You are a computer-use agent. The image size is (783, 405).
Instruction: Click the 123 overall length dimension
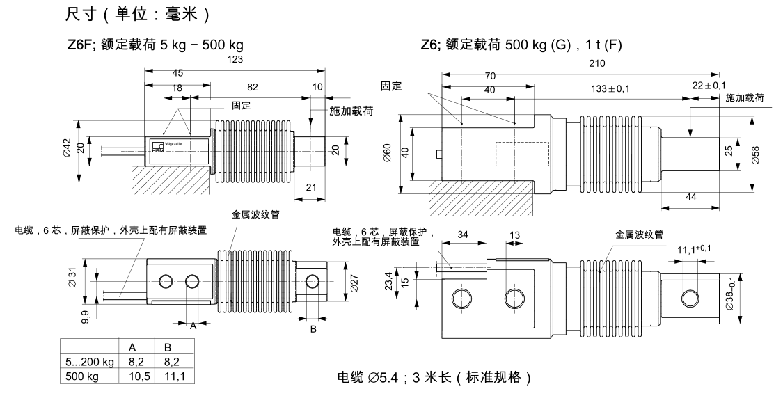235,61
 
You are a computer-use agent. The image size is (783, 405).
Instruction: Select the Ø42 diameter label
67,148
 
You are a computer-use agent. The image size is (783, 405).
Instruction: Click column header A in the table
132,347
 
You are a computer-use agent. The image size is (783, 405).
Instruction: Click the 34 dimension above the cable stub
463,235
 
